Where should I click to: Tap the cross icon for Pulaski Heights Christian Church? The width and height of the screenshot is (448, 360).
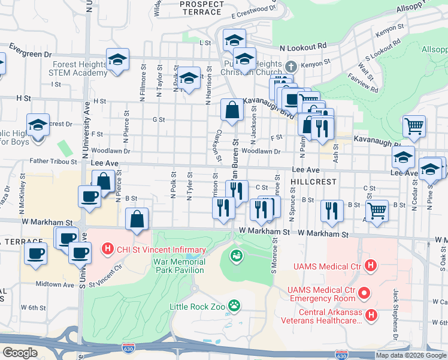[291, 66]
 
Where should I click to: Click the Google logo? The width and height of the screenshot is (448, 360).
[19, 353]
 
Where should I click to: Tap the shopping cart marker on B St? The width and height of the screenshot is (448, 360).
[377, 211]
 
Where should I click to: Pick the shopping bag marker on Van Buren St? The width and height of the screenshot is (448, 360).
[232, 110]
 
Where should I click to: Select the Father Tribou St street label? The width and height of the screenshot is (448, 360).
[54, 161]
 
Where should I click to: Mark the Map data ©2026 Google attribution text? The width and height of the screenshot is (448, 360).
[411, 355]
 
